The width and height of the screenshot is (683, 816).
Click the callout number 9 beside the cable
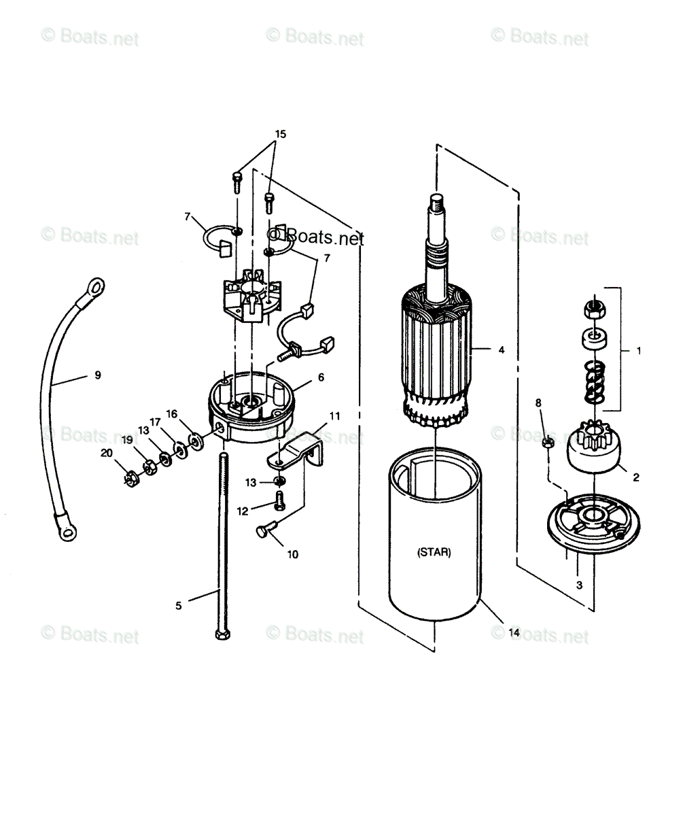(x=97, y=375)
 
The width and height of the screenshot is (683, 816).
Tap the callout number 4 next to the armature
(x=501, y=350)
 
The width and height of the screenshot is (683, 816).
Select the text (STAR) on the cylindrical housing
(x=433, y=553)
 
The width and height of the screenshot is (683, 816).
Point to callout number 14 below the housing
(x=514, y=632)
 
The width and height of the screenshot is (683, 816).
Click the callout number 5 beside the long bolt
(x=179, y=605)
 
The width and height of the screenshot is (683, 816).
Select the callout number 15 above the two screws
(x=280, y=134)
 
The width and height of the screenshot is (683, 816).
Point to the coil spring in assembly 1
(x=593, y=382)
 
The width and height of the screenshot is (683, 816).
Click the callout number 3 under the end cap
(x=579, y=584)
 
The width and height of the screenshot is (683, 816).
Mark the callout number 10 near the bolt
(x=292, y=554)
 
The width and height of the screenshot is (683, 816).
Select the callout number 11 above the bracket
(x=334, y=415)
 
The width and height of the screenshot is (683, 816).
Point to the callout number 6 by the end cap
(x=321, y=377)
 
